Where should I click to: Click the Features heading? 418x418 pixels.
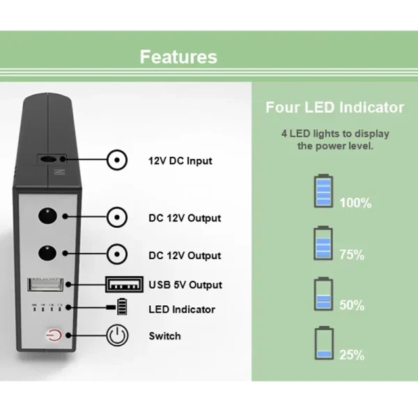178,56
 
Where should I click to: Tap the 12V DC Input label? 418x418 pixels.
180,161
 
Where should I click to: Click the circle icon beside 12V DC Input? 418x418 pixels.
118,161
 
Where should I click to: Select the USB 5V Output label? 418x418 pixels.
185,285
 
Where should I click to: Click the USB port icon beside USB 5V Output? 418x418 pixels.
124,285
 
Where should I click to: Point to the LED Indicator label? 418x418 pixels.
182,309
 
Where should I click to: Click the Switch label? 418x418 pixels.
164,336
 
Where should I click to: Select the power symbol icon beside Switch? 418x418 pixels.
118,336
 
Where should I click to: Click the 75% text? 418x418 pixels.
352,254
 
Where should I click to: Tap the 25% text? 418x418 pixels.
352,355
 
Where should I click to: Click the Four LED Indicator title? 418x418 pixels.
334,107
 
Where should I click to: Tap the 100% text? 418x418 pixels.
355,203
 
